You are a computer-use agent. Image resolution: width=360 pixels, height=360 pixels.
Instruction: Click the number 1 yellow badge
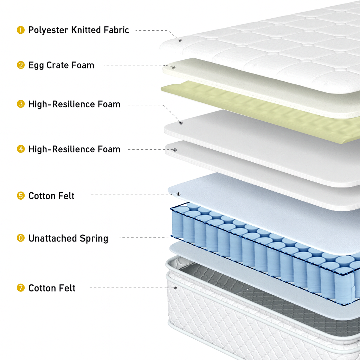[21, 30]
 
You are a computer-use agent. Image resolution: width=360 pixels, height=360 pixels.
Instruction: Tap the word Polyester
[49, 30]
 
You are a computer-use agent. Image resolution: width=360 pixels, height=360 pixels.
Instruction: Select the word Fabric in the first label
[116, 30]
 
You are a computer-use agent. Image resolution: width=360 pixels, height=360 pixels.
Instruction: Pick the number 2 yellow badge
[21, 65]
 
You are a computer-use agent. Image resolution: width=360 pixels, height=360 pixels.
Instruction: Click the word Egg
[36, 65]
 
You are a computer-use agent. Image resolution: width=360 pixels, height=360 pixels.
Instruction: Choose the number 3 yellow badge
[21, 104]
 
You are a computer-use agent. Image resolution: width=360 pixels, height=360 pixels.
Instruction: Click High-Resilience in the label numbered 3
[62, 104]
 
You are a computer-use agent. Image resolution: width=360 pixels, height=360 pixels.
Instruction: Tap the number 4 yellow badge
[21, 149]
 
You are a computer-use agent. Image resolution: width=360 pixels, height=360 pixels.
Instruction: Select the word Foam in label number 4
[109, 149]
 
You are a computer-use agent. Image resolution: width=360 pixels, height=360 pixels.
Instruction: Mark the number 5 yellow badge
[21, 195]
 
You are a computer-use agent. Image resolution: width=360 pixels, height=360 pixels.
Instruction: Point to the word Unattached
[53, 238]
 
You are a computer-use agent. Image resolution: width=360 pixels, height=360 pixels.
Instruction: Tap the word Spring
[94, 239]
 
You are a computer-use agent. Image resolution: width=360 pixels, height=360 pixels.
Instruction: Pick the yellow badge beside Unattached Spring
[21, 238]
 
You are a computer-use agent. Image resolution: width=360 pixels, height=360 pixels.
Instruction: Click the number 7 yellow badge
[21, 288]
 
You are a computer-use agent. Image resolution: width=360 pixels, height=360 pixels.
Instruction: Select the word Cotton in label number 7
[41, 288]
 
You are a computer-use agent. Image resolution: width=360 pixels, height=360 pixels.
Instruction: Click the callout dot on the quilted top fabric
[180, 40]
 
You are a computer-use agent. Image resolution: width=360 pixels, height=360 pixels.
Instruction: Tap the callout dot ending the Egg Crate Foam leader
[174, 67]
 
